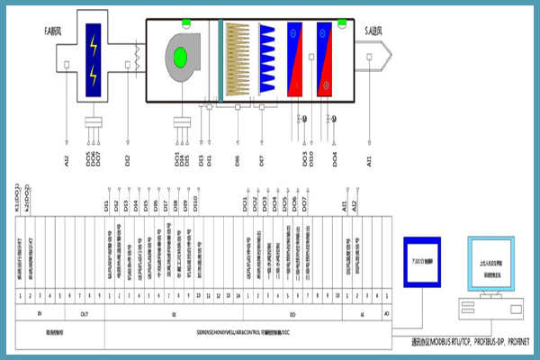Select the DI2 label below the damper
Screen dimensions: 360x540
pos(128,162)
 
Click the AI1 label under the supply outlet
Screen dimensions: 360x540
pos(369,162)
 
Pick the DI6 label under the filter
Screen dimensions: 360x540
pos(237,162)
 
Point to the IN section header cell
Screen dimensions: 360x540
pos(39,313)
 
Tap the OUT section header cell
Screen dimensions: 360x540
pos(84,313)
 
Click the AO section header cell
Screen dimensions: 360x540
pos(388,313)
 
